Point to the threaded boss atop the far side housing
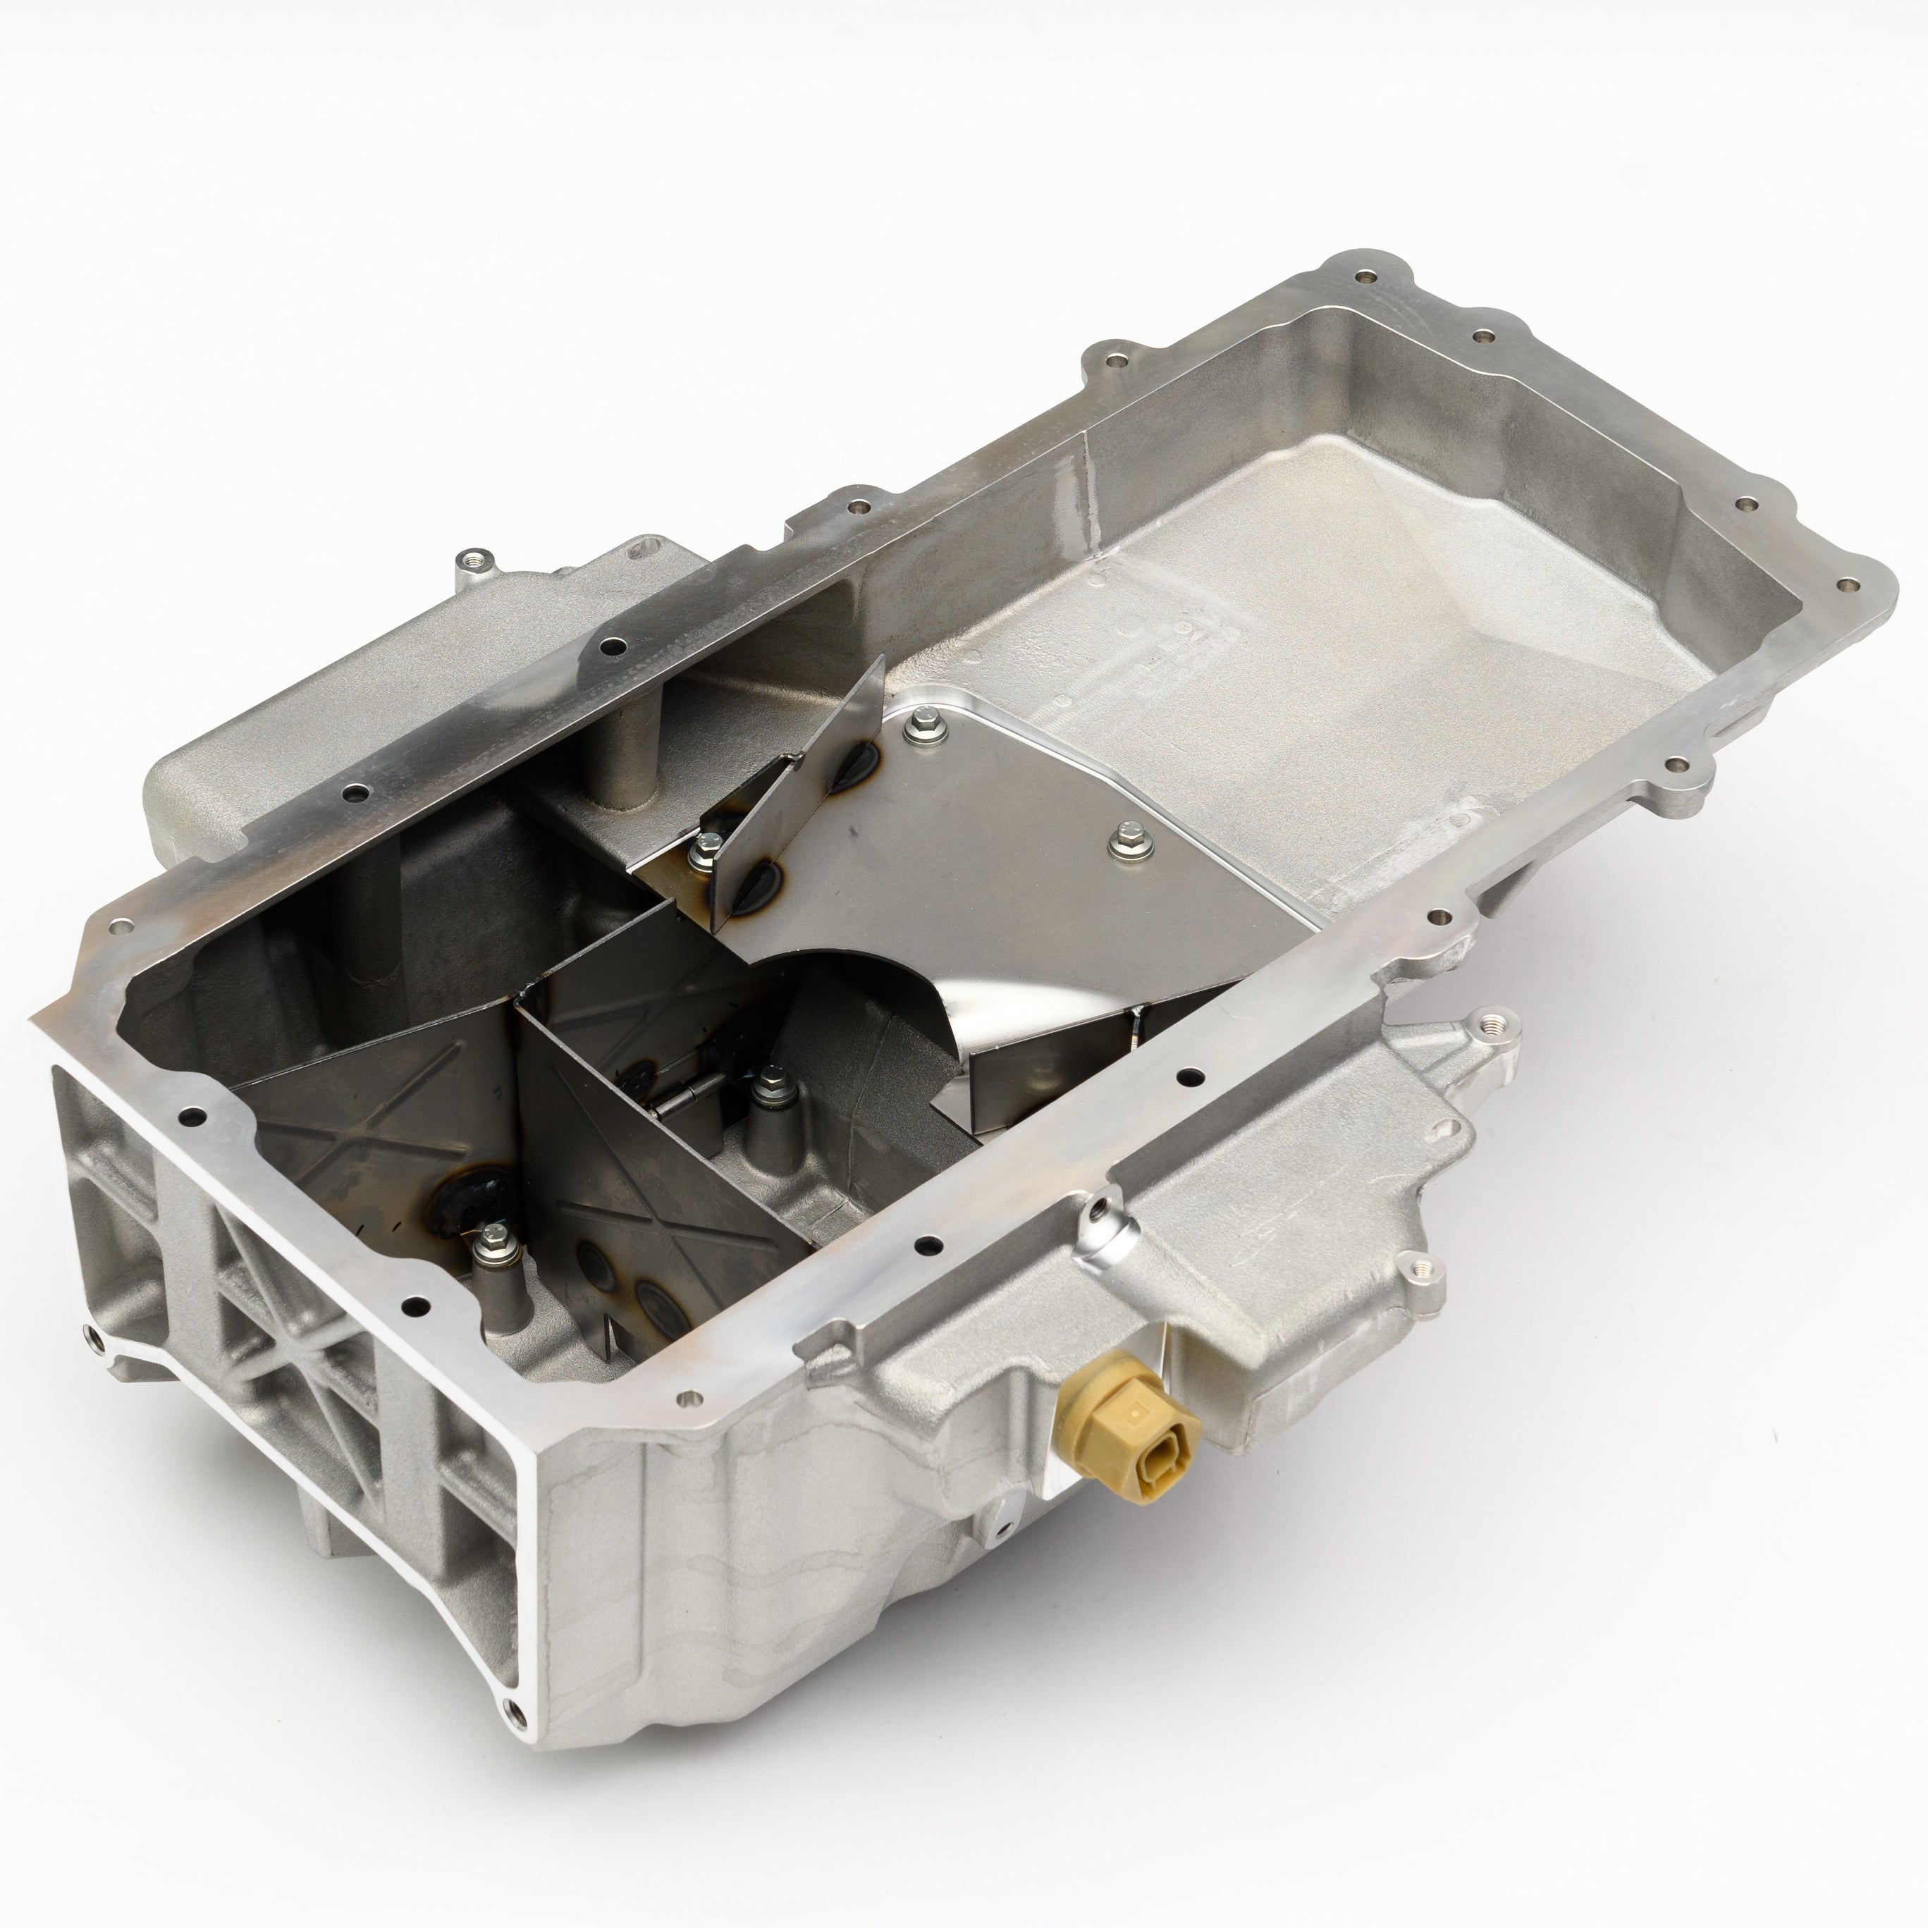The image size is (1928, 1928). pyautogui.click(x=471, y=560)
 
